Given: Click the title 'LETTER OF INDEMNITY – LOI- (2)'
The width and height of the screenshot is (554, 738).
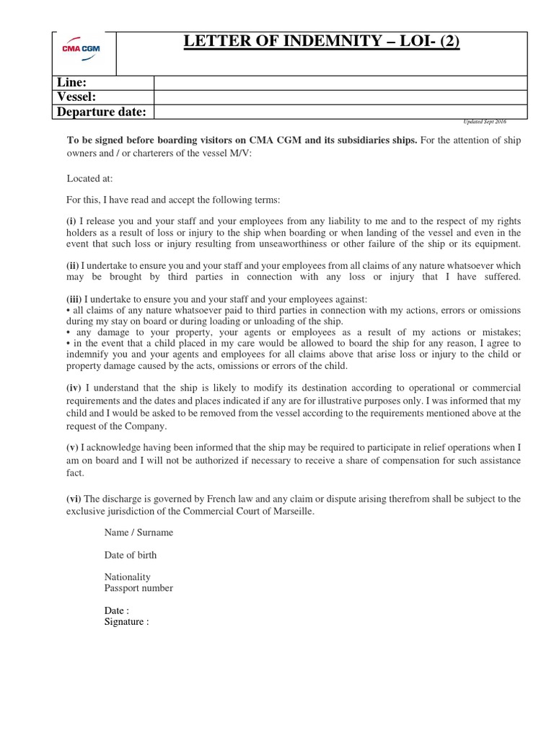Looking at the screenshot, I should tap(321, 43).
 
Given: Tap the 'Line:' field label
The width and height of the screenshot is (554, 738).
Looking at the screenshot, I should tap(71, 83).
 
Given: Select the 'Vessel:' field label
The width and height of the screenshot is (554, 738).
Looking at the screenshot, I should tap(76, 97).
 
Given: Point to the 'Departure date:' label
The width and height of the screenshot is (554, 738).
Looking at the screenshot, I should tap(101, 112).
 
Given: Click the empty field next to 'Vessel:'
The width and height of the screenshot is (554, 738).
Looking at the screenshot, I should tap(340, 97).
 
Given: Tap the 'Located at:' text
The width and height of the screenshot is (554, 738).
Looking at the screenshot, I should tap(89, 178).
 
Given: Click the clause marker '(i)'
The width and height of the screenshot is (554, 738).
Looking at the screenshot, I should tap(72, 221).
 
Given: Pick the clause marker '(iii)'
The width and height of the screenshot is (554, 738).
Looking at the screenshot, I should tap(74, 298).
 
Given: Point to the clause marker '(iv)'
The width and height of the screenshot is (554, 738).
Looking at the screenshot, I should tap(74, 388).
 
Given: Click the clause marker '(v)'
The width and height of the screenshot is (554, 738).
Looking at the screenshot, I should tap(73, 447).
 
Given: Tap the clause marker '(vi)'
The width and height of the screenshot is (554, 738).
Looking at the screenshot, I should tap(74, 499).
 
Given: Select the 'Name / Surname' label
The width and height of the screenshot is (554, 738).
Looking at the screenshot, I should tap(138, 533).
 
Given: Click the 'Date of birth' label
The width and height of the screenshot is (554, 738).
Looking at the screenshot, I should tap(130, 555).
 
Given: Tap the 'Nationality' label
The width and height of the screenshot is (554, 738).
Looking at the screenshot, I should tap(127, 577).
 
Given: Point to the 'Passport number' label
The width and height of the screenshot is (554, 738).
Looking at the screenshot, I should tap(138, 588).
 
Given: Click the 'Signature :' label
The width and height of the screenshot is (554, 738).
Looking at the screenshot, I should tap(126, 621).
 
